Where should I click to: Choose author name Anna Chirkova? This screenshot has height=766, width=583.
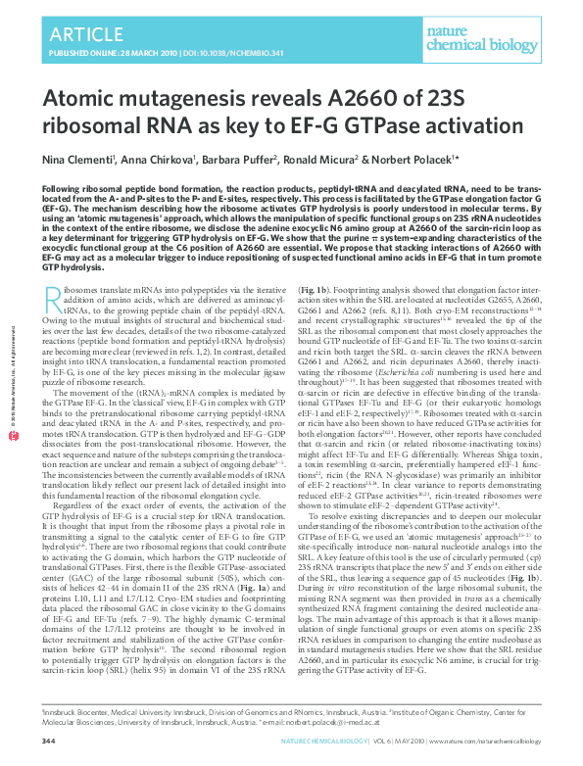pos(167,159)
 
